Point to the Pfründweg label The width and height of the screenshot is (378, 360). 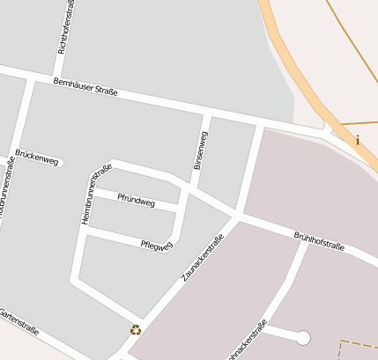136,202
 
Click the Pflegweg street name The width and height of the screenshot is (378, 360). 156,245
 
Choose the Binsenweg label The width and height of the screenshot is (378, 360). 201,151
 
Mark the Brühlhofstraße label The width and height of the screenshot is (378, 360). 318,241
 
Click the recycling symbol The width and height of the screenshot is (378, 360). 136,330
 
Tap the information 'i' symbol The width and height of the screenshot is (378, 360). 357,140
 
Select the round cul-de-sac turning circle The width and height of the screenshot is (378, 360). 303,337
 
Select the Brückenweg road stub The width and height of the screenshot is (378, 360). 53,162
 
